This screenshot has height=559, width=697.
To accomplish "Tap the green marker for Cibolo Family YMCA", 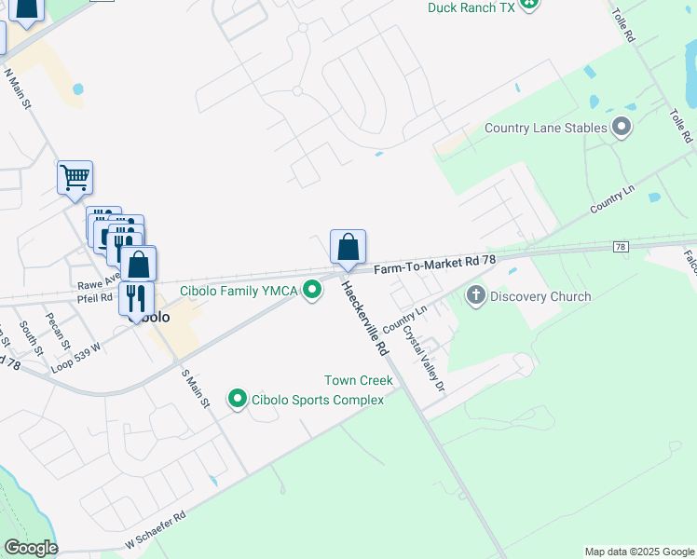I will pyautogui.click(x=311, y=291).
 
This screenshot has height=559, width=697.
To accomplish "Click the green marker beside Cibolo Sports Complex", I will pyautogui.click(x=238, y=400).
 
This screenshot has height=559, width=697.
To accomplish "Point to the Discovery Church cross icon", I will pyautogui.click(x=475, y=296).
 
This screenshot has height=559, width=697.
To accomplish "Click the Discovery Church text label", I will pyautogui.click(x=540, y=297).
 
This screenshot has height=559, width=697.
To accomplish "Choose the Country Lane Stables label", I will pyautogui.click(x=546, y=128).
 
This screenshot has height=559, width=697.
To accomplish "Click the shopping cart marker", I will pyautogui.click(x=75, y=177).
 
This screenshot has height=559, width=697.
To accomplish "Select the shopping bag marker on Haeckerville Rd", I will pyautogui.click(x=348, y=248).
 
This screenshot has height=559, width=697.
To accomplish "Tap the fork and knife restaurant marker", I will pyautogui.click(x=136, y=298).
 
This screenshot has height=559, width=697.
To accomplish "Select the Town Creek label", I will pyautogui.click(x=352, y=380).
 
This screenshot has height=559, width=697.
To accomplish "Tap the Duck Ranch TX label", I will pyautogui.click(x=471, y=7).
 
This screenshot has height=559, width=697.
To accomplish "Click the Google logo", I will pyautogui.click(x=32, y=548).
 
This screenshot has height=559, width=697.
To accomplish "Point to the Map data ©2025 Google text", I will pyautogui.click(x=638, y=552).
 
